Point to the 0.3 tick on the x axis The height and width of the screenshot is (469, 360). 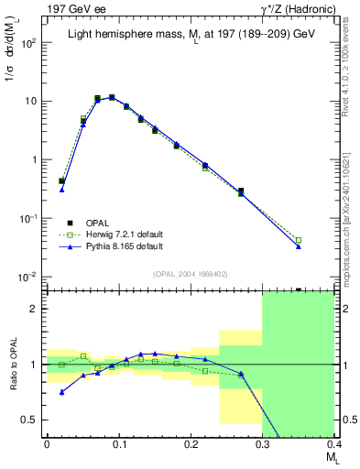262,442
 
